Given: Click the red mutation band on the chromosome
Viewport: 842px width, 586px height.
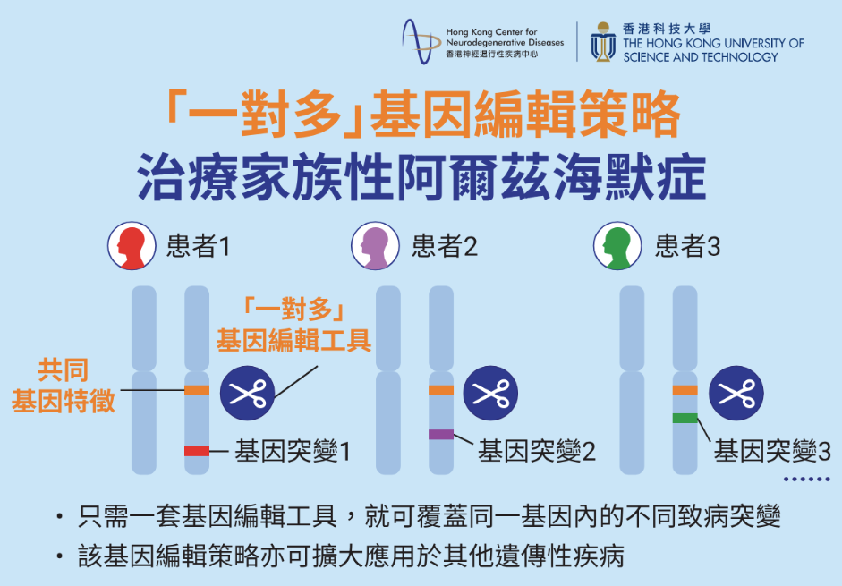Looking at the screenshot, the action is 197,451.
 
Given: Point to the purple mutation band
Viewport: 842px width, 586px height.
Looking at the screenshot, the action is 441,435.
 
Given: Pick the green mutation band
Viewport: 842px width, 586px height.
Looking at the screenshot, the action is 685,418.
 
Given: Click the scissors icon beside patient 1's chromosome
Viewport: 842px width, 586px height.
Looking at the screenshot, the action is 247,393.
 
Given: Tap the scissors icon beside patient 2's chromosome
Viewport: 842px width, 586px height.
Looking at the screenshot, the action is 490,393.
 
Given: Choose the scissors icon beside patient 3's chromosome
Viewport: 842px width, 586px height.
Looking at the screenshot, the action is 736,393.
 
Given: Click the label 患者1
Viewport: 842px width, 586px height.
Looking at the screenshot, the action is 199,247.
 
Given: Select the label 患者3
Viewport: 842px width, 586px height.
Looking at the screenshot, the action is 687,247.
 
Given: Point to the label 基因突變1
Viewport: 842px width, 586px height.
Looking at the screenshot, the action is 293,451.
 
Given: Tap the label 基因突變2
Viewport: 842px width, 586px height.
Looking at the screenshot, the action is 537,451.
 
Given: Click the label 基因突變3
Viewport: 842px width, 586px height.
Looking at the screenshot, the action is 772,451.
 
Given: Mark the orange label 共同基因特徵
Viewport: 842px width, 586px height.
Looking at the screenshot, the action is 64,386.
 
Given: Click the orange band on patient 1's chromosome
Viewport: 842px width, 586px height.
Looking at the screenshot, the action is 197,390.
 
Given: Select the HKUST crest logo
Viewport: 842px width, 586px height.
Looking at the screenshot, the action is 603,42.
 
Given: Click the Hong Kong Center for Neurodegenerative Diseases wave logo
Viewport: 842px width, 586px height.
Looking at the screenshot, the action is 421,42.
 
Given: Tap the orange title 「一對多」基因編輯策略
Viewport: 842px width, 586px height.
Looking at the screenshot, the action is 424,114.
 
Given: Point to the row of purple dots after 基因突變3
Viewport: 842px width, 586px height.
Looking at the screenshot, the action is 807,480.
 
